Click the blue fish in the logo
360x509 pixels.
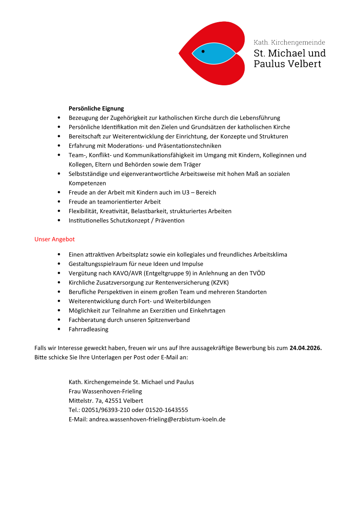click(214, 54)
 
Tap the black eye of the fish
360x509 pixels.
click(203, 51)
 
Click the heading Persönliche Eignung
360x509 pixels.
click(96, 108)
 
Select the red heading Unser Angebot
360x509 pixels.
click(54, 239)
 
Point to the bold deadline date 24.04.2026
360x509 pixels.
click(305, 348)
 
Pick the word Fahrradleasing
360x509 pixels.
click(88, 329)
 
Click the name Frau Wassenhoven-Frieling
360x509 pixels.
click(105, 391)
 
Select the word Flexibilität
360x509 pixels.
click(83, 211)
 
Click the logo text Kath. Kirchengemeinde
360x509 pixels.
click(289, 43)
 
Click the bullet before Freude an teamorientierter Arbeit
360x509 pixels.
click(59, 202)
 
